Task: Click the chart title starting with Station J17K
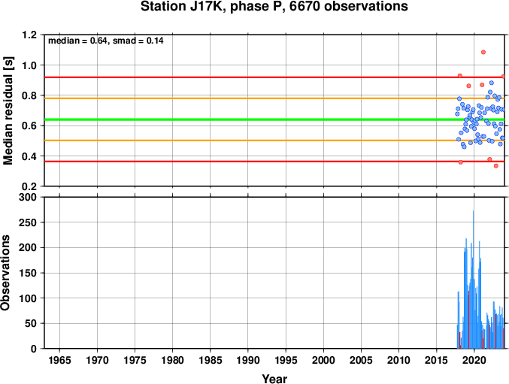pyautogui.click(x=274, y=6)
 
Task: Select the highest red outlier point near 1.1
pyautogui.click(x=483, y=52)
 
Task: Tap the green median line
pyautogui.click(x=274, y=119)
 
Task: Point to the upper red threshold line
pyautogui.click(x=274, y=77)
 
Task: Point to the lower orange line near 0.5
pyautogui.click(x=274, y=141)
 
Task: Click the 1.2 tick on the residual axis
pyautogui.click(x=29, y=35)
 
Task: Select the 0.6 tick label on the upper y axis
pyautogui.click(x=29, y=125)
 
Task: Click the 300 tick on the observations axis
pyautogui.click(x=28, y=197)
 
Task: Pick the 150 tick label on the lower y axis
pyautogui.click(x=28, y=273)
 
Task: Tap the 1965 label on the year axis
pyautogui.click(x=59, y=360)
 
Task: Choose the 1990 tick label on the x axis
pyautogui.click(x=248, y=360)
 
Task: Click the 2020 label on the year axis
pyautogui.click(x=474, y=360)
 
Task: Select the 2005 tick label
pyautogui.click(x=361, y=360)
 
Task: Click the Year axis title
pyautogui.click(x=274, y=379)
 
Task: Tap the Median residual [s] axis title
pyautogui.click(x=8, y=110)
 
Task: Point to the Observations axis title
pyautogui.click(x=5, y=273)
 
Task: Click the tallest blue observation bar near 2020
pyautogui.click(x=474, y=280)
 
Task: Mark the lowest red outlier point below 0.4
pyautogui.click(x=496, y=166)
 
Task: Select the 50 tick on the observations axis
pyautogui.click(x=31, y=323)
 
